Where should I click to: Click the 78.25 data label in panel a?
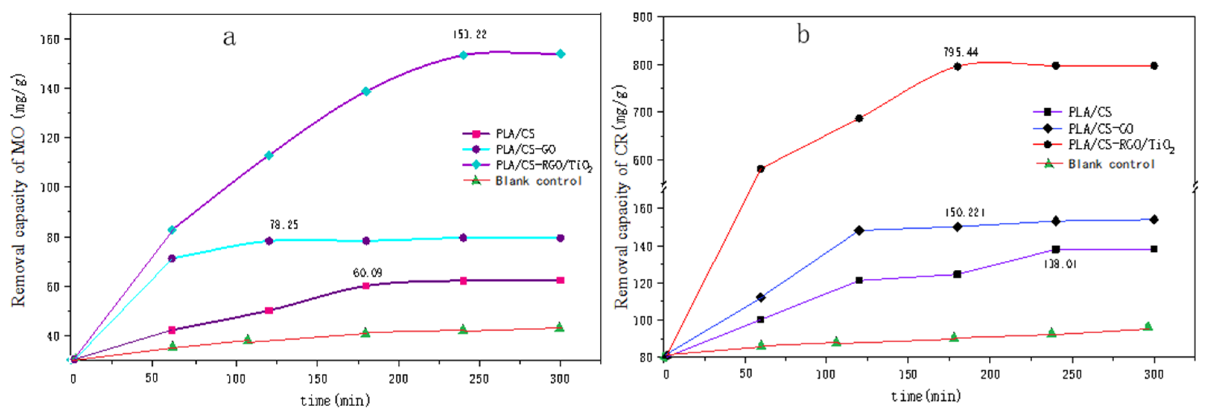pyautogui.click(x=283, y=225)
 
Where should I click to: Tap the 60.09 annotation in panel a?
pyautogui.click(x=367, y=273)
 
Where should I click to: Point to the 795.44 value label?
pyautogui.click(x=960, y=52)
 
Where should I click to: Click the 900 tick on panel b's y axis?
pyautogui.click(x=642, y=17)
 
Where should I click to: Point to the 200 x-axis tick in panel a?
pyautogui.click(x=398, y=379)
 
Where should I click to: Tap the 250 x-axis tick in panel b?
pyautogui.click(x=1072, y=375)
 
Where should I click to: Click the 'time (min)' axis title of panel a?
pyautogui.click(x=335, y=401)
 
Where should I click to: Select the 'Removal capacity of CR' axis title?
pyautogui.click(x=621, y=196)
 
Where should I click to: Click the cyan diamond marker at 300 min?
pyautogui.click(x=560, y=54)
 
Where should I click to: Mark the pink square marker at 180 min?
pyautogui.click(x=366, y=285)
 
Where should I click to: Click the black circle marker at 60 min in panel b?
pyautogui.click(x=760, y=169)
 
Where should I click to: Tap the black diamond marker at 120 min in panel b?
pyautogui.click(x=859, y=230)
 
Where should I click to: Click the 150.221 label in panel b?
pyautogui.click(x=964, y=212)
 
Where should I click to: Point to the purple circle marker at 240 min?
pyautogui.click(x=463, y=238)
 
